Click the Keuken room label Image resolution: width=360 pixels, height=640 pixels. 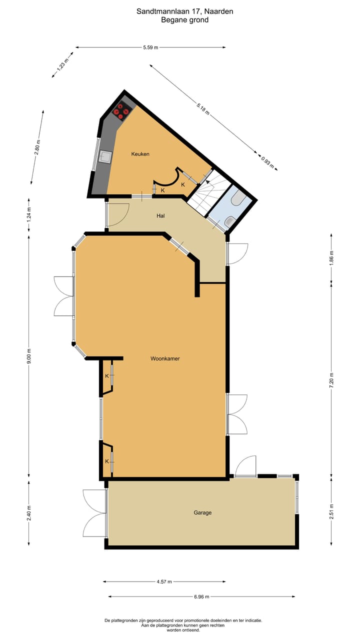coord(140,154)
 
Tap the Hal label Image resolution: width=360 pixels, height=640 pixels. coord(160,216)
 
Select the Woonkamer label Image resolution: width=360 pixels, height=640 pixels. coord(165,358)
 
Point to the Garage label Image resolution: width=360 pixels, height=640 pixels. coord(203,512)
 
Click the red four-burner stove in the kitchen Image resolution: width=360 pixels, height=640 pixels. coord(120,111)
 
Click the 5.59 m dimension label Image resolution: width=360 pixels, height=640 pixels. coord(150,47)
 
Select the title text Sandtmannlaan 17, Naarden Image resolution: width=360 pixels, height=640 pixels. coord(185,10)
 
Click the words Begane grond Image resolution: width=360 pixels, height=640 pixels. coord(185,20)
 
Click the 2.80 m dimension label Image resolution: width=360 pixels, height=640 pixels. coord(37,147)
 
